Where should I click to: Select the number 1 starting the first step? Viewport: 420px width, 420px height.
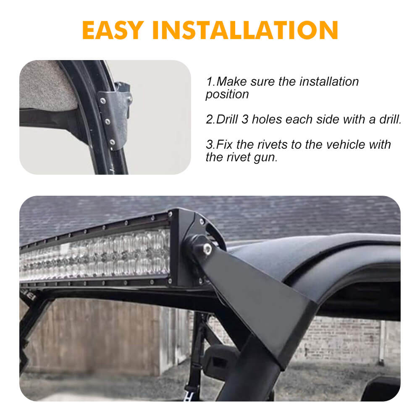click(209, 81)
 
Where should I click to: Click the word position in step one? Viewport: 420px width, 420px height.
click(227, 94)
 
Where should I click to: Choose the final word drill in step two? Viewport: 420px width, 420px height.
click(389, 119)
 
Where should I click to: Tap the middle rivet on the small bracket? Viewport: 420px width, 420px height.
click(108, 122)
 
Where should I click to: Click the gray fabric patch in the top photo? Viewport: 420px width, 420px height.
click(46, 86)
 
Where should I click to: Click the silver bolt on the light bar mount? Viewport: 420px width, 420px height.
click(207, 248)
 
